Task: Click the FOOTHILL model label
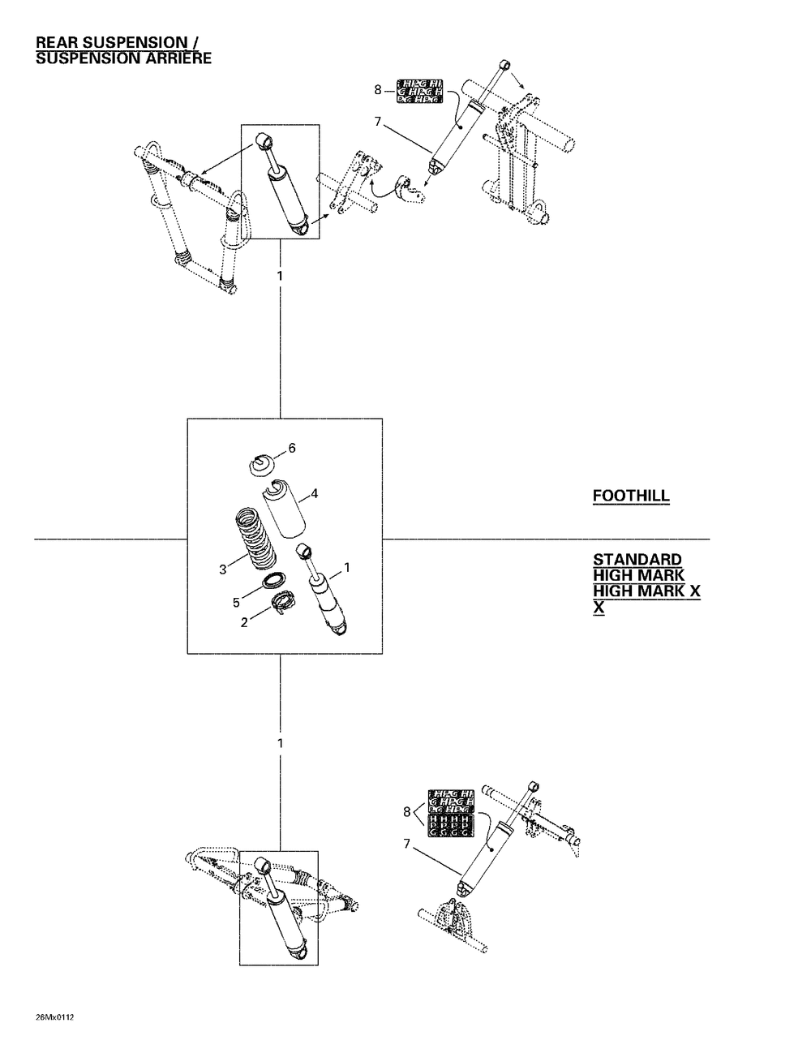click(x=631, y=496)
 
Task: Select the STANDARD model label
click(x=637, y=560)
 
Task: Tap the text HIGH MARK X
click(x=646, y=591)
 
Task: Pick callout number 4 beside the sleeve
click(x=314, y=492)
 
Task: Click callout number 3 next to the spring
click(x=222, y=569)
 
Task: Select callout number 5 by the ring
click(x=236, y=603)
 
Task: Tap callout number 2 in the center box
click(x=243, y=622)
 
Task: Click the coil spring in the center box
click(x=255, y=537)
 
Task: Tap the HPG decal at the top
click(x=418, y=92)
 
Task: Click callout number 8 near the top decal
click(x=378, y=91)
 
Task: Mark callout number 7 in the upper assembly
click(x=377, y=122)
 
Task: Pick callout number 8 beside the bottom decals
click(x=406, y=810)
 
